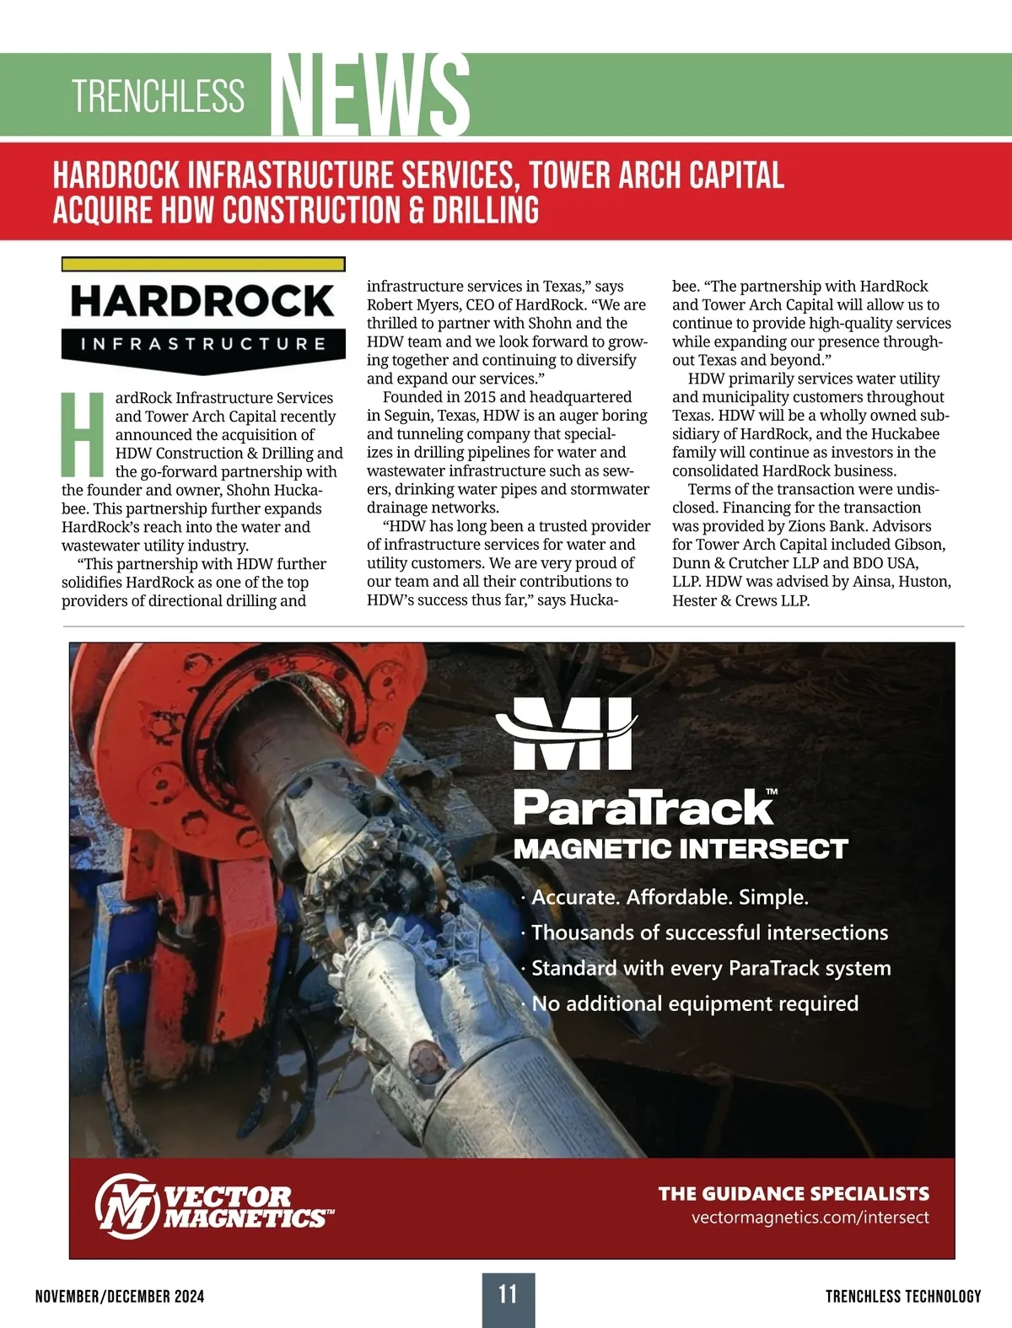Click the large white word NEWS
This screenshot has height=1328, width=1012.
[x=372, y=94]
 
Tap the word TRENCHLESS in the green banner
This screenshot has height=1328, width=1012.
[x=159, y=96]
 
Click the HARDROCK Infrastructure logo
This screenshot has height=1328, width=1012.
[x=203, y=315]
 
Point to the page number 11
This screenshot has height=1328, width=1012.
[x=508, y=1294]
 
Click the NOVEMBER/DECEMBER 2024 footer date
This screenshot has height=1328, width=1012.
[x=120, y=1297]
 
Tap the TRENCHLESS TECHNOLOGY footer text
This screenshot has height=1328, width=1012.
[x=903, y=1297]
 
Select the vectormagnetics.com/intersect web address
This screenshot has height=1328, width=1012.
[x=810, y=1218]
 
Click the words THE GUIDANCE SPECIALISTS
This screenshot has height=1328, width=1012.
[x=794, y=1193]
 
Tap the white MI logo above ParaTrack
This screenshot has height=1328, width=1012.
[x=567, y=733]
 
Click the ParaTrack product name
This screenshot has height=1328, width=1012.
[x=644, y=808]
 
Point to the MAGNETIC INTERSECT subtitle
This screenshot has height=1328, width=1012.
[x=681, y=849]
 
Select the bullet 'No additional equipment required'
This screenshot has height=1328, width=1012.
[x=695, y=1003]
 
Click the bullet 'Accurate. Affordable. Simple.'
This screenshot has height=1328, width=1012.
[x=670, y=897]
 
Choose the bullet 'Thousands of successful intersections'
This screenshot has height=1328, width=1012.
[x=709, y=933]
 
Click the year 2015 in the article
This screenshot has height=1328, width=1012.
[x=481, y=397]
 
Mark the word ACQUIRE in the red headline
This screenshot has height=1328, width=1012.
[x=103, y=210]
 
